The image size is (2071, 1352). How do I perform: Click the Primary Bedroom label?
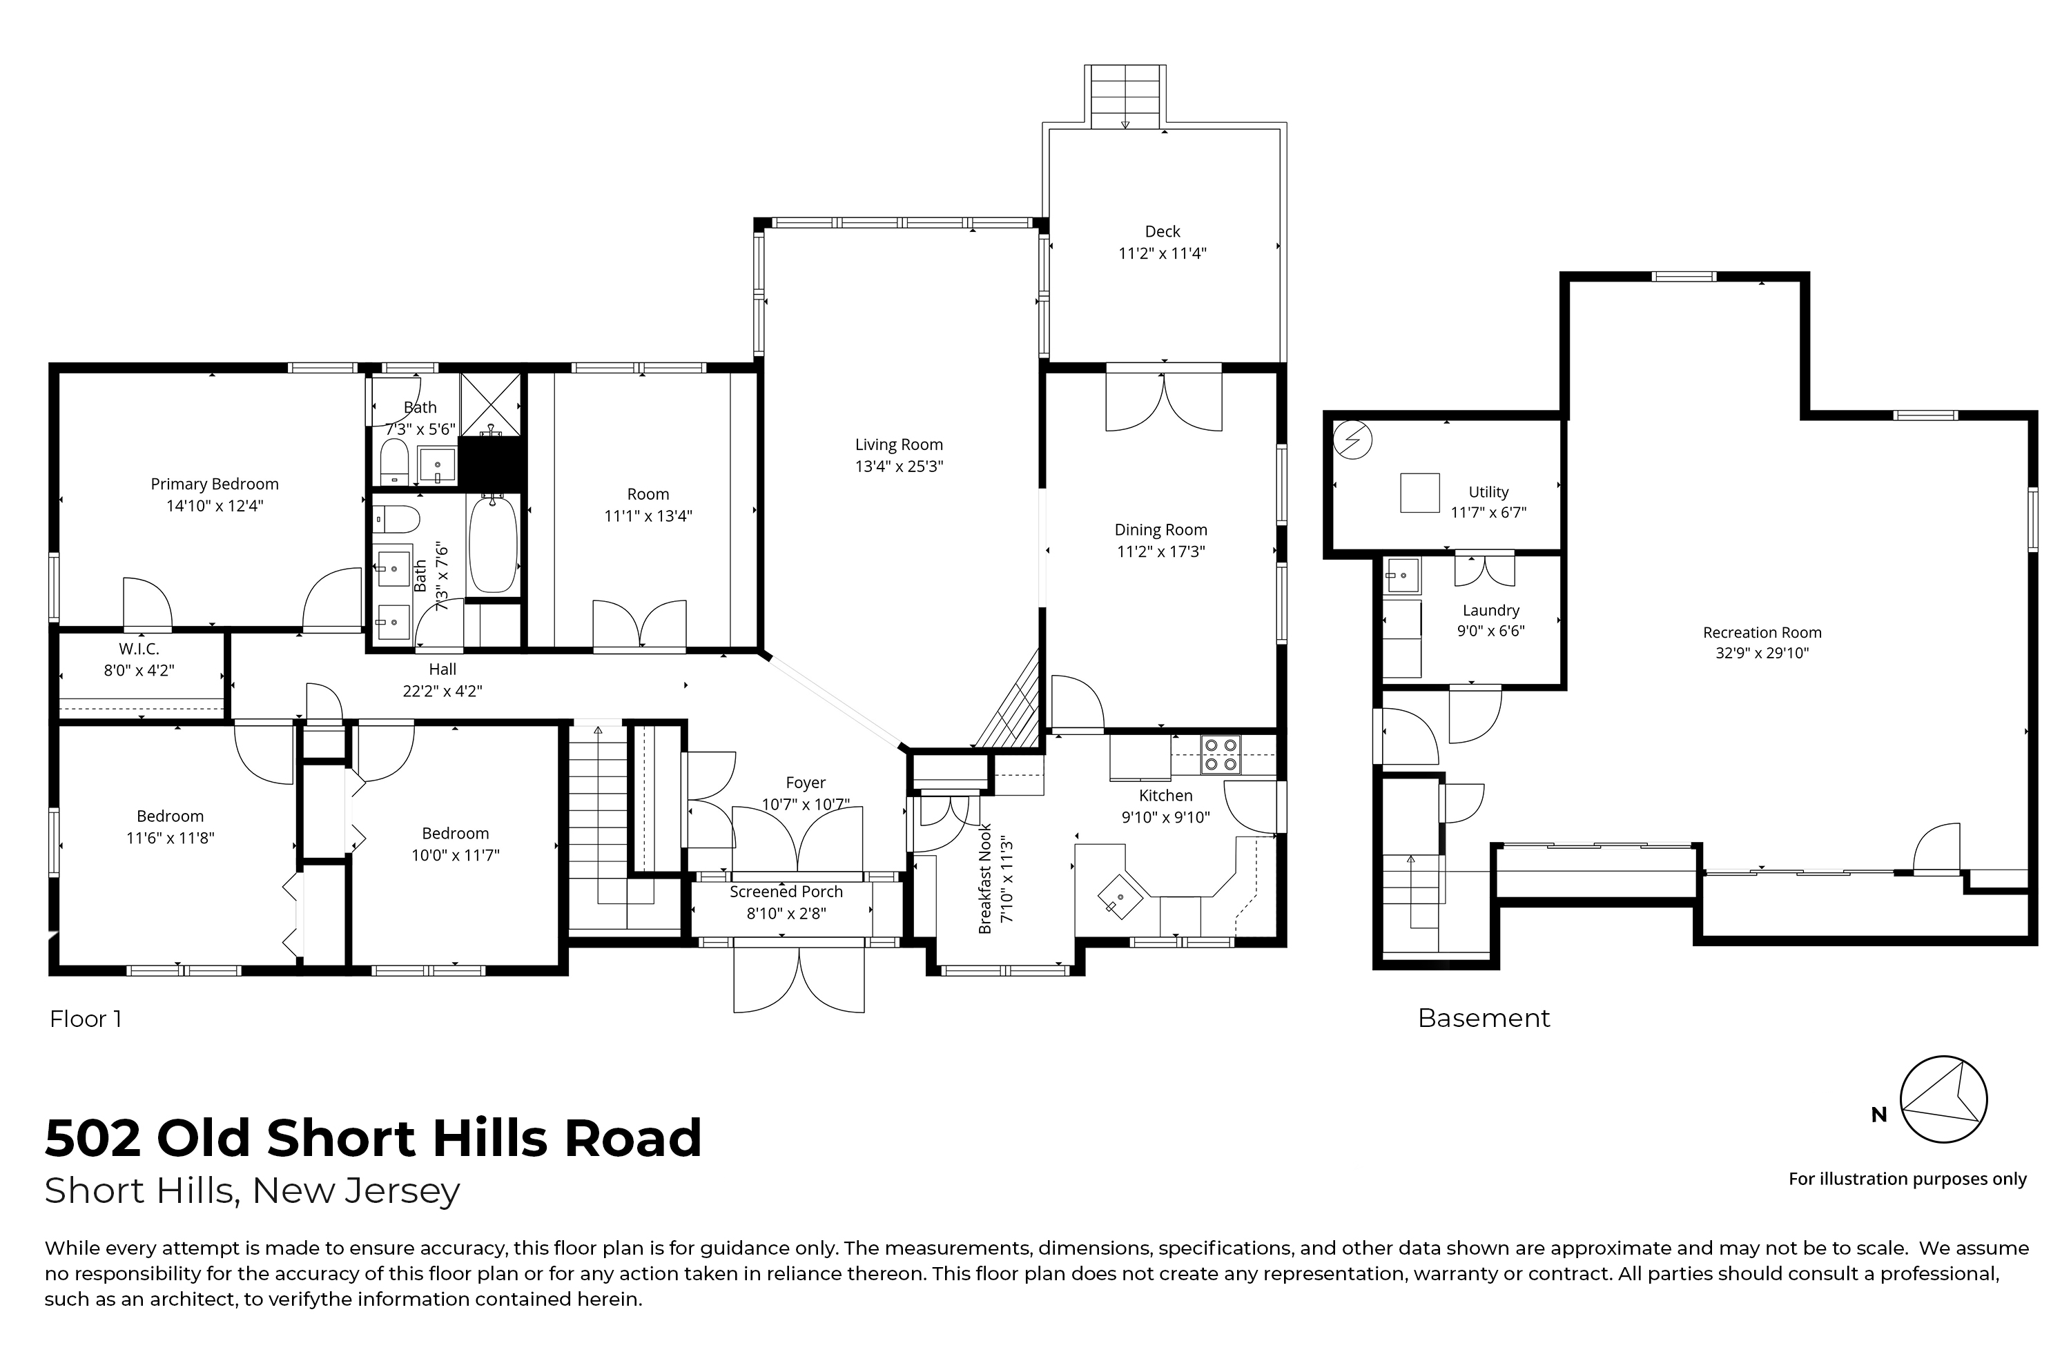215,484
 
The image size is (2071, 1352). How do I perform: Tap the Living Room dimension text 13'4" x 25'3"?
899,467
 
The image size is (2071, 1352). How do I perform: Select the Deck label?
1163,231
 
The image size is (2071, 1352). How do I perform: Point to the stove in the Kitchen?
1221,754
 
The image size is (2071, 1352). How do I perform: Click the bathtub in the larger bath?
494,545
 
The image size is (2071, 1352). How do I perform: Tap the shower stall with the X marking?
491,404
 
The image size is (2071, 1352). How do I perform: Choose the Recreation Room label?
1762,632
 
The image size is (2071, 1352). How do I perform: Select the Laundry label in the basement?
1490,610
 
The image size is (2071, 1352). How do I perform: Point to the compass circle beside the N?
1943,1099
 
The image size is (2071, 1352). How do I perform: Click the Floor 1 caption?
86,1019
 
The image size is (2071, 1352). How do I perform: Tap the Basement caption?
1484,1018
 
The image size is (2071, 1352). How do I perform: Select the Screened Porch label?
786,892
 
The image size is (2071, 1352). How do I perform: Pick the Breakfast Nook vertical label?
985,879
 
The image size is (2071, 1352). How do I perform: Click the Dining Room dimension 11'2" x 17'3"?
1161,551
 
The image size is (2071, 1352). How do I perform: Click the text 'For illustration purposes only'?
1907,1179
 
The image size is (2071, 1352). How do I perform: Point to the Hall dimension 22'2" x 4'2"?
442,692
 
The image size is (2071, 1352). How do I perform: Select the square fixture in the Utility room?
1419,493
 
